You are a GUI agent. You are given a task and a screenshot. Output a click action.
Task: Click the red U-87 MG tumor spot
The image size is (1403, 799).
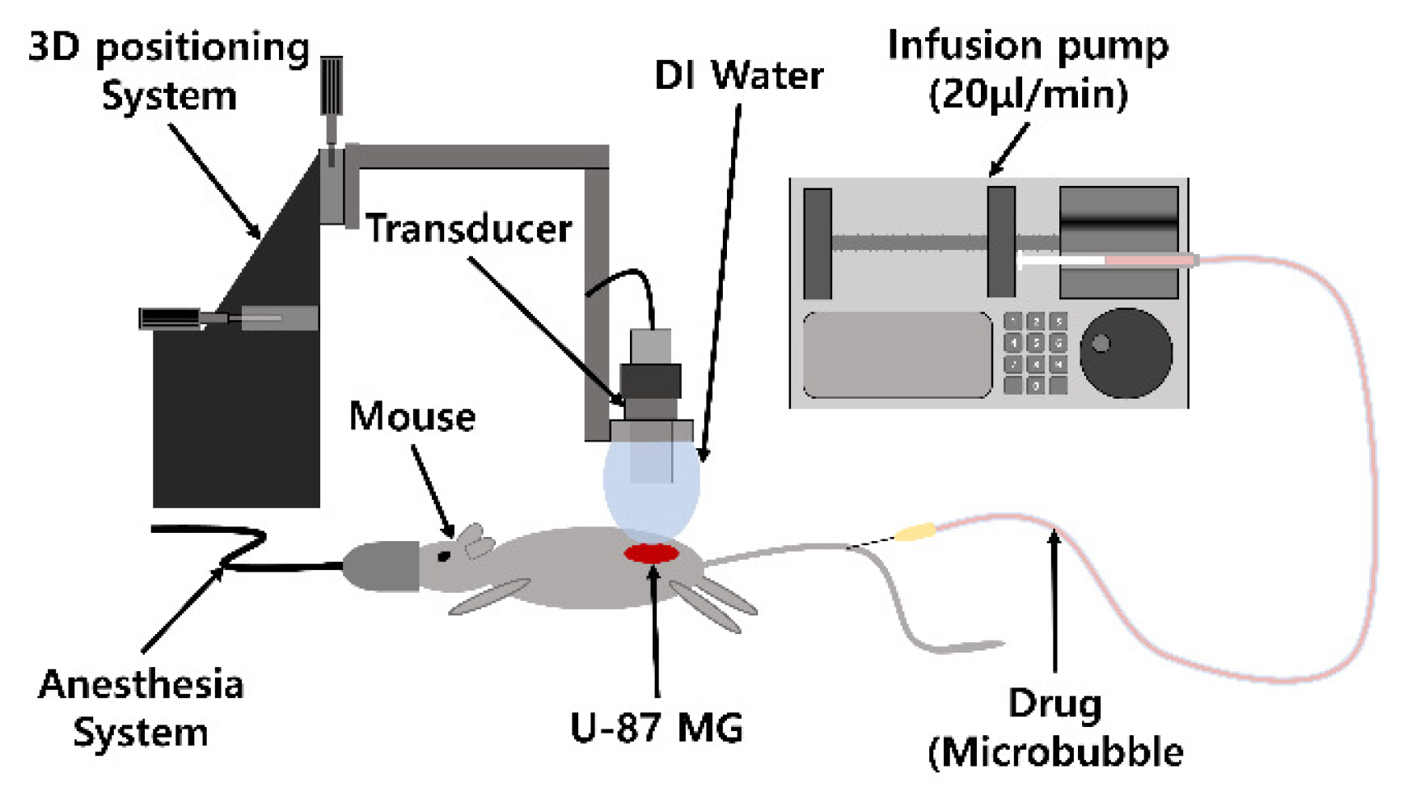click(651, 553)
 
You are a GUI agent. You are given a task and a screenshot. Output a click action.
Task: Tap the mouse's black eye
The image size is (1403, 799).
click(443, 556)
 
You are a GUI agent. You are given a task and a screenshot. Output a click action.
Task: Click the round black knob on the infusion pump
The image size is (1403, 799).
click(1126, 353)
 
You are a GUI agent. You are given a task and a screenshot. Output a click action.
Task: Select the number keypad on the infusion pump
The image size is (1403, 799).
click(1035, 353)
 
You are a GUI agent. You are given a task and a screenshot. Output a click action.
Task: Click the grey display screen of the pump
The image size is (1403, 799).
click(897, 354)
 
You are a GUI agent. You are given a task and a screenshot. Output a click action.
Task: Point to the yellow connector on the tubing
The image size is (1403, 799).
click(915, 532)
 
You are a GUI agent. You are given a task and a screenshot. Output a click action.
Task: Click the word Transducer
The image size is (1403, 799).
click(468, 229)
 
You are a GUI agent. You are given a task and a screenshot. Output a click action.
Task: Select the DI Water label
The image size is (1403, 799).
click(738, 76)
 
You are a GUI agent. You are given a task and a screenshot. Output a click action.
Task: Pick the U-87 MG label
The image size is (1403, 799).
click(656, 728)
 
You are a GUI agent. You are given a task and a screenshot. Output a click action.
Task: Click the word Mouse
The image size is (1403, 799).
click(412, 417)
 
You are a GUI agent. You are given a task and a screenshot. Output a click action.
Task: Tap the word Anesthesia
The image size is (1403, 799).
click(141, 685)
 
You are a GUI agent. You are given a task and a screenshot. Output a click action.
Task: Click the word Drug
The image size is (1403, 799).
click(1054, 704)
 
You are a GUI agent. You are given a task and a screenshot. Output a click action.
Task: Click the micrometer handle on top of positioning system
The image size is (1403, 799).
click(332, 86)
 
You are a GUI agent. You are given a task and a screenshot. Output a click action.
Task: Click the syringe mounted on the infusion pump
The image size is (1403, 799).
click(1108, 260)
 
